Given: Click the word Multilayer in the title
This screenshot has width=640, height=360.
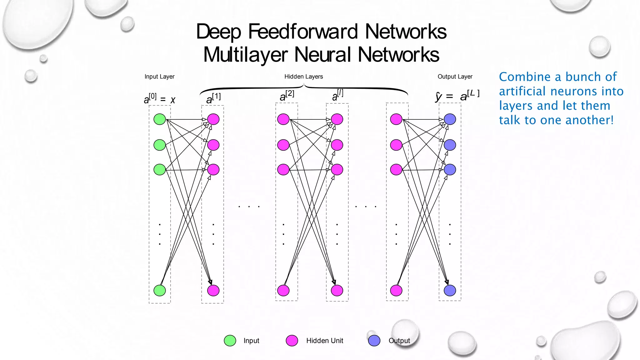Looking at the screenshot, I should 245,55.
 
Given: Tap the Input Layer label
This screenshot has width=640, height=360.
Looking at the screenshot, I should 159,77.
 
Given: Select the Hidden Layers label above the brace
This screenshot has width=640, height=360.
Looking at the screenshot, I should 303,77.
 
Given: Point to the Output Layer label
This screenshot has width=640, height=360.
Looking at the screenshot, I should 455,77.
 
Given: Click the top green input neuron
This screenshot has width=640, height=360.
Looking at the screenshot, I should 160,119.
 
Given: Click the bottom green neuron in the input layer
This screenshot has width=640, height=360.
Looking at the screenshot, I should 160,290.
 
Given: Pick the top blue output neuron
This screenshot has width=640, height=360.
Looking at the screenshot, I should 450,119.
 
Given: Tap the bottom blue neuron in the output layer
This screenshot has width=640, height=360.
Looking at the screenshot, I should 450,290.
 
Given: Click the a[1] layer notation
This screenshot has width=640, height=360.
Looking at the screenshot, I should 213,98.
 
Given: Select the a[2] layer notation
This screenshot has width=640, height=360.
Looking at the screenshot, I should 287,96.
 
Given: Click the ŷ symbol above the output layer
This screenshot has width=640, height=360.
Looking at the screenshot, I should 438,97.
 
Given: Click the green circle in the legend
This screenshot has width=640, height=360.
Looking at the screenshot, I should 230,341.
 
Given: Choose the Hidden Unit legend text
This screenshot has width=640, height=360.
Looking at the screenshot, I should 324,341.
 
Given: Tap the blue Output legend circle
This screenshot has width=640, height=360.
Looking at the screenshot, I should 374,341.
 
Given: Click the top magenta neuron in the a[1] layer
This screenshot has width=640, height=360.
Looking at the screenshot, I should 213,119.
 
